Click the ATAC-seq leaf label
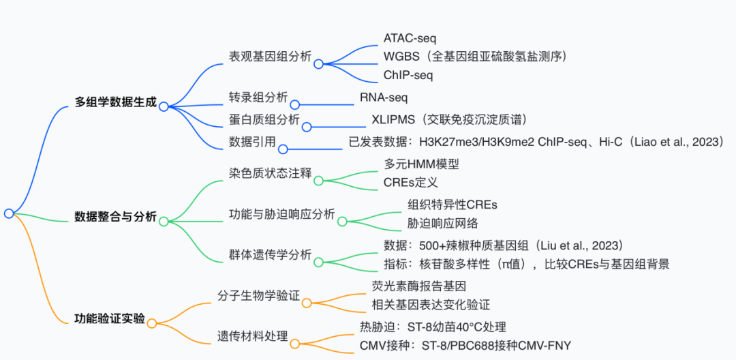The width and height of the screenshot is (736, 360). pos(409,37)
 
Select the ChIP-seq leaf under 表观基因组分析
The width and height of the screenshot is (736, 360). pos(408,75)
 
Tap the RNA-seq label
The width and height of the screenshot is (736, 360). pos(384,97)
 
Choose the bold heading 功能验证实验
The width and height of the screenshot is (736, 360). pos(110,318)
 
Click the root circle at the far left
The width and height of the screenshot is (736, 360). pos(9,213)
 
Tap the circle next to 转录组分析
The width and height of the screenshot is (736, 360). pos(294,104)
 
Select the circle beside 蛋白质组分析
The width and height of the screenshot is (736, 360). pos(307,126)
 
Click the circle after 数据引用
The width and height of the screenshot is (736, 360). pos(283,149)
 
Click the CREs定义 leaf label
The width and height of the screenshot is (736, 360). pos(411,183)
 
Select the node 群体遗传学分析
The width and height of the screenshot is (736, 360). pos(270,254)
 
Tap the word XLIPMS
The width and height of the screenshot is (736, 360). pos(389,120)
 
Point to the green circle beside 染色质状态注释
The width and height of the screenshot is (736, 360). pos(318,181)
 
